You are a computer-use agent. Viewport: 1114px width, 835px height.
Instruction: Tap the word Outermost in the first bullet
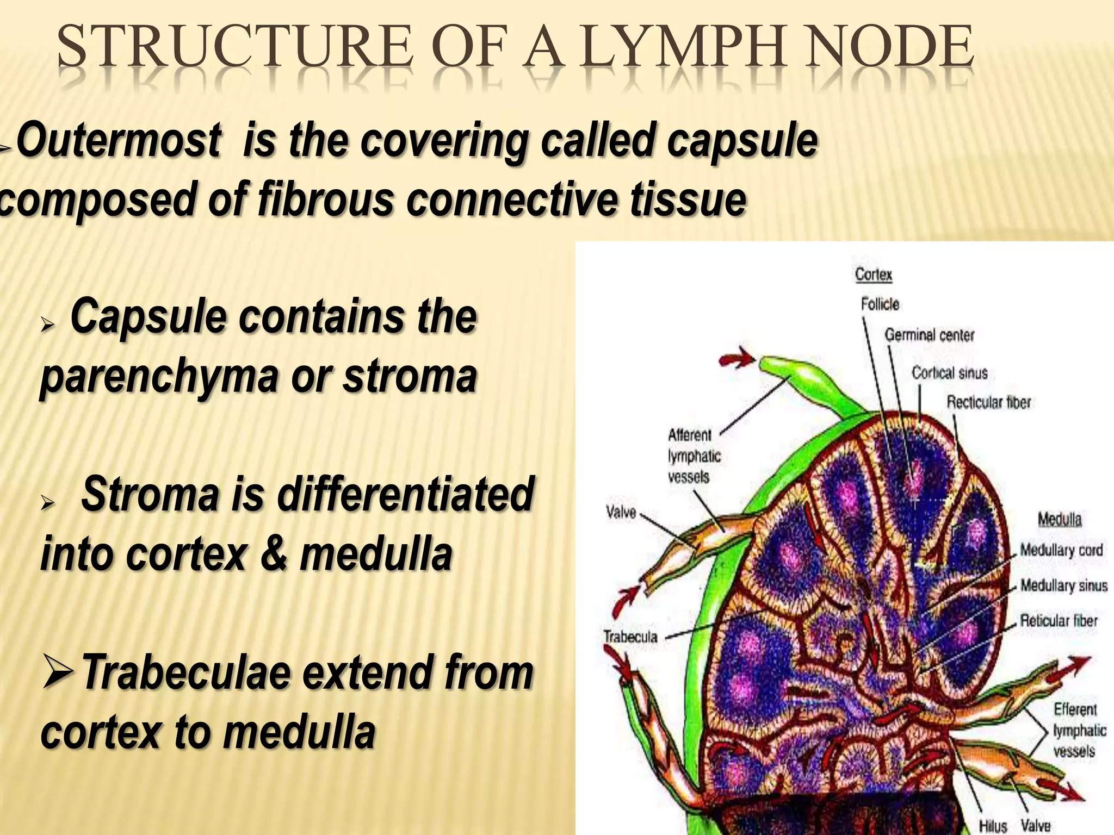tap(119, 140)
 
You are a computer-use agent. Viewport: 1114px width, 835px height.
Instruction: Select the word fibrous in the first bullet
tap(325, 198)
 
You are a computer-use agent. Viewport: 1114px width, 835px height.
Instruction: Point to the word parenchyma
tap(158, 377)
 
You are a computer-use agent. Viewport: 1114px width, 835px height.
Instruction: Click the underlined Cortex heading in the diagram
tap(873, 275)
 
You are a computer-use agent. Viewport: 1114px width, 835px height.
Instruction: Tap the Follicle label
tap(880, 304)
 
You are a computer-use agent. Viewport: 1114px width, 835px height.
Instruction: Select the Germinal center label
tap(929, 335)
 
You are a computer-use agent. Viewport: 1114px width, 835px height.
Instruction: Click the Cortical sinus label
tap(949, 373)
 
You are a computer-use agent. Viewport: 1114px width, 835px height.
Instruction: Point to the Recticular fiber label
tap(988, 402)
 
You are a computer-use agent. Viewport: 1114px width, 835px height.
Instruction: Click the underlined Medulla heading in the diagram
tap(1059, 520)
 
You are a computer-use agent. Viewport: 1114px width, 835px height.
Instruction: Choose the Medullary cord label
tap(1061, 550)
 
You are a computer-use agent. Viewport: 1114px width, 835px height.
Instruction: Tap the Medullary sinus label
tap(1063, 585)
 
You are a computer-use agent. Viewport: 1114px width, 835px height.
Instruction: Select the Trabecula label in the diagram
tap(630, 637)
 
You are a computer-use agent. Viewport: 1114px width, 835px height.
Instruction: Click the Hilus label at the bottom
tap(993, 826)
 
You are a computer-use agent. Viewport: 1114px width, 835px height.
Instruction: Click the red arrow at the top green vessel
tap(737, 359)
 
